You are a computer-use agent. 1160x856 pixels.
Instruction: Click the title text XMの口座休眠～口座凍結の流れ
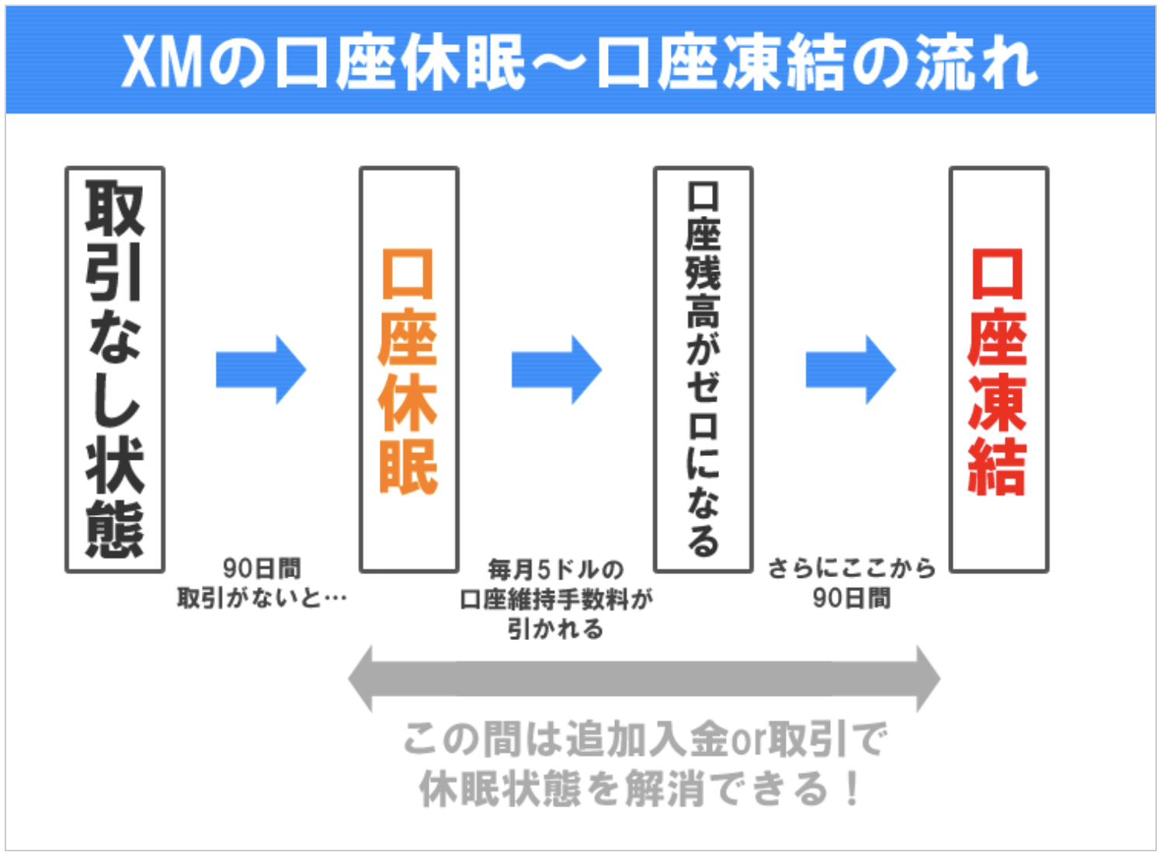pos(579,62)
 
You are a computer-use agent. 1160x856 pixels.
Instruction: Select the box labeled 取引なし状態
pos(115,370)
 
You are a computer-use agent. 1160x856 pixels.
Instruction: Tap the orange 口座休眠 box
pos(409,370)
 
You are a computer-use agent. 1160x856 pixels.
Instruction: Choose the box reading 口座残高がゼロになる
pos(703,370)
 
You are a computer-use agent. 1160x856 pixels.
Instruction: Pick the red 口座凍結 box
pos(999,370)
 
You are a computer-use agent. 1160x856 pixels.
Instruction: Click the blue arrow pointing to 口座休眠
pos(261,370)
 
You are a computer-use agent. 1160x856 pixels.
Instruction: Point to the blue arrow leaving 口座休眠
pos(556,370)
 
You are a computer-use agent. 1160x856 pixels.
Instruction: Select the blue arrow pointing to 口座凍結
pos(850,370)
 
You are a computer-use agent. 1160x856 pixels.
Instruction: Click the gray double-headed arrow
pos(644,679)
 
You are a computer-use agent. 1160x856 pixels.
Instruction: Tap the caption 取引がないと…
pos(262,598)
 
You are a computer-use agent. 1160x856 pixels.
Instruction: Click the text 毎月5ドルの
pos(556,569)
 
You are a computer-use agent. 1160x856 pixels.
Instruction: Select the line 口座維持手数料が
pos(556,599)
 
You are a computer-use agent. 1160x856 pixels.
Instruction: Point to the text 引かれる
pos(556,628)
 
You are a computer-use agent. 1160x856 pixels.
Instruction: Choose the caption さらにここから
pos(852,569)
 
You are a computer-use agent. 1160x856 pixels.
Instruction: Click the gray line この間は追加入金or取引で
pos(644,738)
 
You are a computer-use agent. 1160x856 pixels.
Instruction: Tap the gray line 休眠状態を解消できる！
pos(641,789)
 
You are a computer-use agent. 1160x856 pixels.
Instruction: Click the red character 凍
pos(999,402)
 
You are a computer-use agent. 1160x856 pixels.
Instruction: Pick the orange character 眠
pos(409,467)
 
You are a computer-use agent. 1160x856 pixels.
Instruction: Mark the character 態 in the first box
pos(115,529)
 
